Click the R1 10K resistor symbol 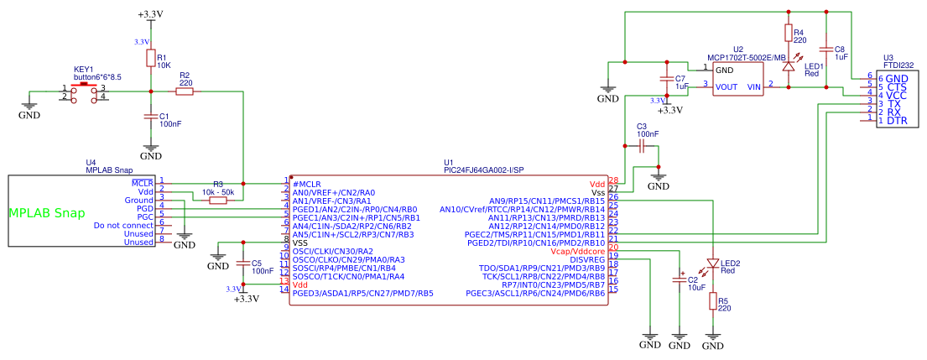point(150,58)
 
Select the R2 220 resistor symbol point(184,91)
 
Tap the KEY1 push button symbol point(84,91)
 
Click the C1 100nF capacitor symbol point(150,117)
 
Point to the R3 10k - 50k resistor point(218,200)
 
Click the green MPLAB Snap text point(48,213)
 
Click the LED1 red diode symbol point(788,65)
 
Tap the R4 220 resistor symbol point(788,33)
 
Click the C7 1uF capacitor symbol point(668,81)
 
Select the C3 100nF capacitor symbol point(641,147)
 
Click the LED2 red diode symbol point(712,263)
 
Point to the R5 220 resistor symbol point(712,300)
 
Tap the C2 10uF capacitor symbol point(680,279)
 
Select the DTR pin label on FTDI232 point(898,121)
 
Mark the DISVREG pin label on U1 point(587,259)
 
